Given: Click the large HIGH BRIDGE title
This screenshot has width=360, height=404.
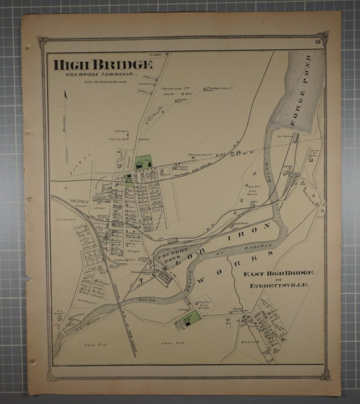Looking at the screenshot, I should (x=102, y=64).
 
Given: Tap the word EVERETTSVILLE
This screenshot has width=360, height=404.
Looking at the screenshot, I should (x=278, y=285).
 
